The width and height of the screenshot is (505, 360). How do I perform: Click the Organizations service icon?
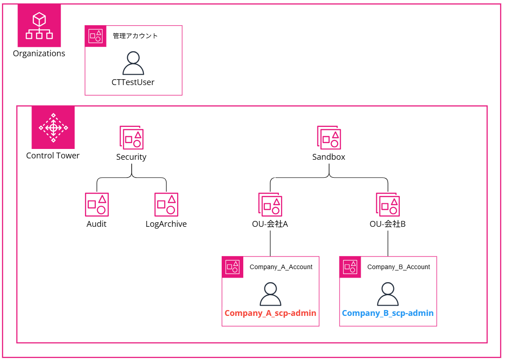pos(39,26)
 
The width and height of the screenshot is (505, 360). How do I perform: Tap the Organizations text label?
pos(39,54)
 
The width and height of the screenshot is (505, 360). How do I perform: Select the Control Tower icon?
pos(53,127)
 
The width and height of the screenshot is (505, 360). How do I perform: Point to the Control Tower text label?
pos(53,156)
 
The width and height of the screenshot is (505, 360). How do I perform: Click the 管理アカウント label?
pos(135,36)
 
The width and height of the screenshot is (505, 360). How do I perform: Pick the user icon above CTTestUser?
pos(133,63)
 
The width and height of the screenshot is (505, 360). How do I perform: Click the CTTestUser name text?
pos(133,82)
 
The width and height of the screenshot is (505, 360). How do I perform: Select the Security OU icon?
pos(131,138)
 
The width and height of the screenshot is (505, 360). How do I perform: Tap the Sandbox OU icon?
pos(329,138)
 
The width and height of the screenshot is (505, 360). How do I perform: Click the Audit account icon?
pos(97,205)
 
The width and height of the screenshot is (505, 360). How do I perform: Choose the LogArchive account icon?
pos(166,205)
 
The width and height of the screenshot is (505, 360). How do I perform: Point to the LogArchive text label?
pos(166,224)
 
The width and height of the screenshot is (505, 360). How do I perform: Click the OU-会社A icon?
pos(270,205)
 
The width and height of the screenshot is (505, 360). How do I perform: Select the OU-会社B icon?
pos(388,205)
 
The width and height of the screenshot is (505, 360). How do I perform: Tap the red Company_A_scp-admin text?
pos(270,313)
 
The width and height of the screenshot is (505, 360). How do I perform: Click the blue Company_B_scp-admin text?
pos(388,313)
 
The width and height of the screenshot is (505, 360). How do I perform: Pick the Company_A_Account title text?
pos(281,267)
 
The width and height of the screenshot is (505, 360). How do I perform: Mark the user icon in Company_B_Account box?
pos(388,294)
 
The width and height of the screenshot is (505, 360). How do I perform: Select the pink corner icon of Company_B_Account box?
pos(350,267)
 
